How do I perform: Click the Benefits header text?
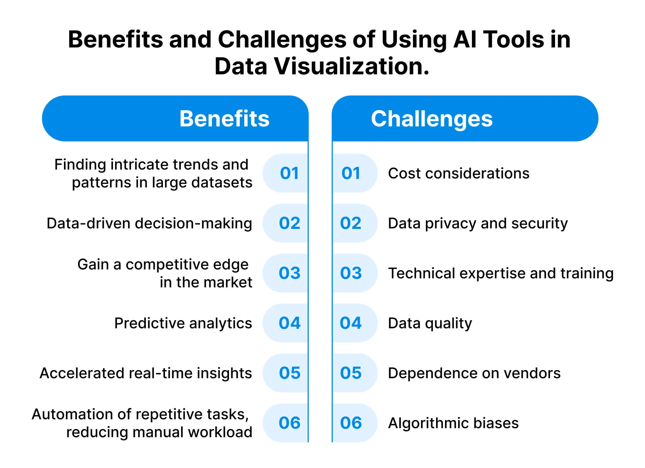[224, 119]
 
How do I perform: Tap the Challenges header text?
[432, 119]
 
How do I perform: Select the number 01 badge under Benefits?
[289, 173]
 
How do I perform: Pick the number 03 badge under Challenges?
[351, 273]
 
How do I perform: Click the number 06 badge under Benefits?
[289, 423]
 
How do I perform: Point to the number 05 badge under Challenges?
[351, 373]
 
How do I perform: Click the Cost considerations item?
[458, 173]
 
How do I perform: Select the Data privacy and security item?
[478, 223]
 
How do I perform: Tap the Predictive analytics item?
[183, 323]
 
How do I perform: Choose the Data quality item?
[430, 323]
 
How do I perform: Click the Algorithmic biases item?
[453, 423]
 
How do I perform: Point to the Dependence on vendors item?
[474, 373]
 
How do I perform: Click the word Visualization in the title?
[352, 66]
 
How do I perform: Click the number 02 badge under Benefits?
[289, 223]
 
